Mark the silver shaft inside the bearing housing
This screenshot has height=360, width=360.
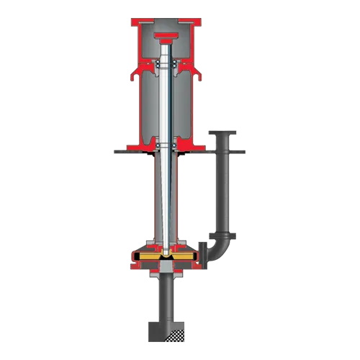click(x=166, y=108)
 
